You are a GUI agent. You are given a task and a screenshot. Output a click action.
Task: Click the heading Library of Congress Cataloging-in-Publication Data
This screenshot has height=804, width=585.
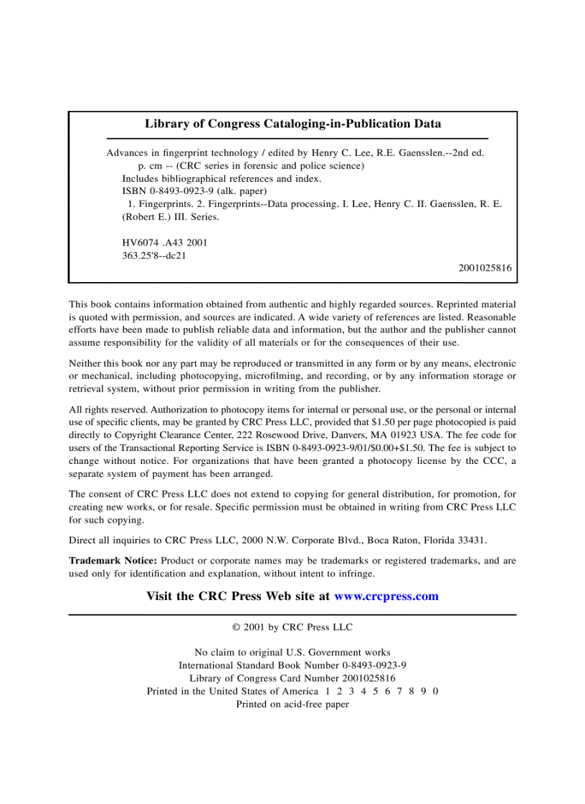tap(292, 123)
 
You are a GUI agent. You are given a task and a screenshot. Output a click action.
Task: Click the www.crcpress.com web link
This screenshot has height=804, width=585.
tap(386, 596)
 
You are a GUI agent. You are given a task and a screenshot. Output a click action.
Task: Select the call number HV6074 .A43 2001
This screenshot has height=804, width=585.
tap(164, 243)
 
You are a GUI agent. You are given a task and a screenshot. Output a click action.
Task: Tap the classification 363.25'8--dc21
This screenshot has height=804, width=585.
tap(154, 255)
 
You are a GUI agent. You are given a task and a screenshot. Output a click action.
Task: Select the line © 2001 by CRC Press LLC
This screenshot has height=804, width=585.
tap(292, 627)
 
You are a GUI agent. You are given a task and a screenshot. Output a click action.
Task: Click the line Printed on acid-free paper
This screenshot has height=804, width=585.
tap(292, 704)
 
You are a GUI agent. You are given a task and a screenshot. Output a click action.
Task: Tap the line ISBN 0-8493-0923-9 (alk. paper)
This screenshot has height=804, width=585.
tap(194, 191)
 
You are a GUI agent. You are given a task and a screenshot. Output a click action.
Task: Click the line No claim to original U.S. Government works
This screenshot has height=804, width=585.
tap(292, 652)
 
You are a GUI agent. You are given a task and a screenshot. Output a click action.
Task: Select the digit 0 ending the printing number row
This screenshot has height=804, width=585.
tap(435, 691)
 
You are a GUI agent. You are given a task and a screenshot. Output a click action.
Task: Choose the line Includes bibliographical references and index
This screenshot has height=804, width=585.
tap(222, 178)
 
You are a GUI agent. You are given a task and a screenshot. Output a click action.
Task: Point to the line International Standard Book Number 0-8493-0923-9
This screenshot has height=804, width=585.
tap(292, 665)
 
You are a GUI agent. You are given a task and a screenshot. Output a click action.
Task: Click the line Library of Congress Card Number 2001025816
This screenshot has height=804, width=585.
tap(292, 678)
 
